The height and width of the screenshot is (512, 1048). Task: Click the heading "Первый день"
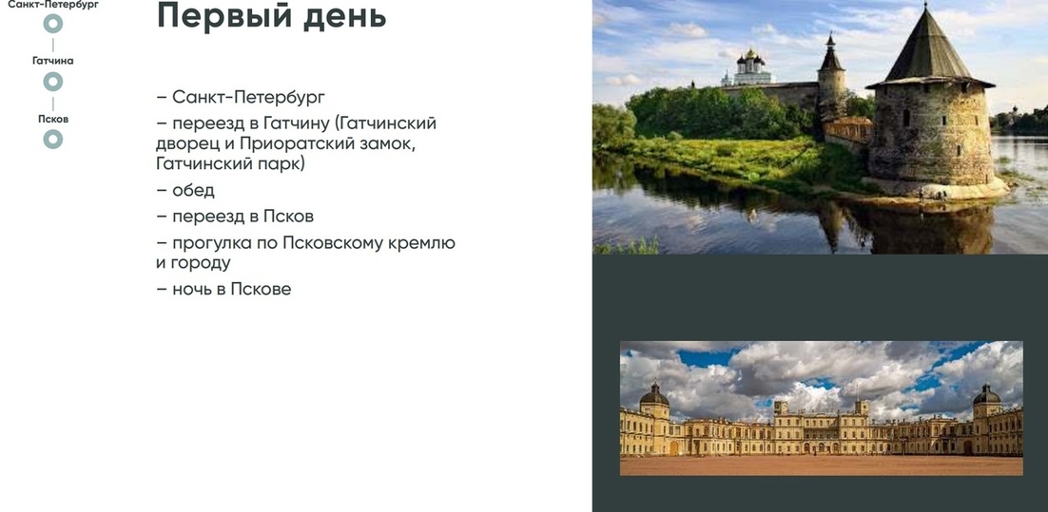click(271, 15)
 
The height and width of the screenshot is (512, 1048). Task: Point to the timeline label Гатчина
click(53, 61)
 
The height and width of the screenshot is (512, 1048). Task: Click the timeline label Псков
click(53, 119)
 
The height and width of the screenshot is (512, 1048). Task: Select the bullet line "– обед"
click(185, 190)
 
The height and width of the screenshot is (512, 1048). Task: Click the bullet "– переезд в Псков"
click(235, 217)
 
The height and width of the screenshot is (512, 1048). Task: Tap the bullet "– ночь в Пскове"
click(223, 289)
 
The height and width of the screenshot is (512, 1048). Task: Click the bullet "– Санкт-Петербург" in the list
click(241, 98)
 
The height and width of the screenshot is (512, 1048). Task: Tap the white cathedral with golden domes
click(752, 68)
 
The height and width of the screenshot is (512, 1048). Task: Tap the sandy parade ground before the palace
click(822, 465)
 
